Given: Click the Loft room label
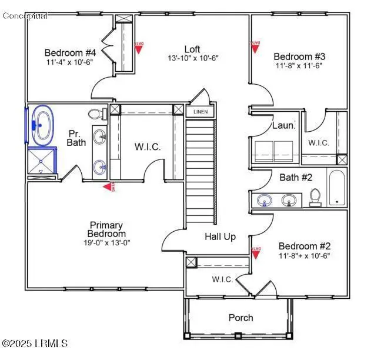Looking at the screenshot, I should click(x=192, y=49).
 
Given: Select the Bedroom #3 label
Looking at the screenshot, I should click(x=299, y=56).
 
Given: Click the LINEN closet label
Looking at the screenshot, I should click(x=201, y=111).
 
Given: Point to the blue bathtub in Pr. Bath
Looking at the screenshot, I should click(x=41, y=125).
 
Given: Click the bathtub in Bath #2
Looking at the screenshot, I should click(x=338, y=188).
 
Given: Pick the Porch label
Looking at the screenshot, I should click(x=241, y=318).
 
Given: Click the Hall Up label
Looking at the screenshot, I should click(x=220, y=236).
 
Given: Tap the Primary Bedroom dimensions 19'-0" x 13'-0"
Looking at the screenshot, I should click(x=106, y=242).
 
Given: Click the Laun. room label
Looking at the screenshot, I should click(x=283, y=125).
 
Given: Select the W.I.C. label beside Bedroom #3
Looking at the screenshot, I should click(x=319, y=143).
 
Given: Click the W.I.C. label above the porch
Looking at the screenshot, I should click(x=222, y=279).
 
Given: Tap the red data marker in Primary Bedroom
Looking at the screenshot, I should click(x=109, y=187).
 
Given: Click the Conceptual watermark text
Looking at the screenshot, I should click(x=25, y=15).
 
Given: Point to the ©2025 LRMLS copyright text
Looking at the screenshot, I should click(x=35, y=343).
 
